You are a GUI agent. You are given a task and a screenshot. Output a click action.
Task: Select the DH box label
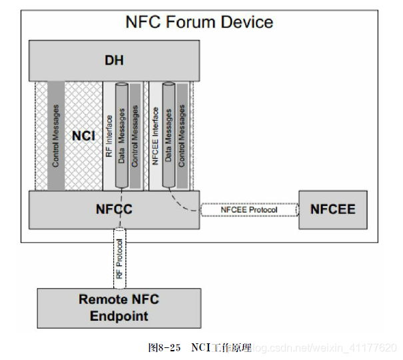point(114,61)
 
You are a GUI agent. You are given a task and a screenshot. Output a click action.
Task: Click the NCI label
point(84,136)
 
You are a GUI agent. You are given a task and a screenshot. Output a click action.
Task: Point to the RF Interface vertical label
point(109,136)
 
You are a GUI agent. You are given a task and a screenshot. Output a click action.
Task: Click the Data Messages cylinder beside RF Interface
point(121,136)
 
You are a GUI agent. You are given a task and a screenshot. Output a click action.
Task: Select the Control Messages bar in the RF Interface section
point(135,136)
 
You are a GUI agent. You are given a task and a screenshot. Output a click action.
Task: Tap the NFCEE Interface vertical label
point(155,136)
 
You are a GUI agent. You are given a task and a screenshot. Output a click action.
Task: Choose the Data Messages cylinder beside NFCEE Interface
point(169,136)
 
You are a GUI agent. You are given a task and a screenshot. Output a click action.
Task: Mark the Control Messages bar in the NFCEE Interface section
point(181,136)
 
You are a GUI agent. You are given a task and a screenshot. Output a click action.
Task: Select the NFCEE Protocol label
point(249,210)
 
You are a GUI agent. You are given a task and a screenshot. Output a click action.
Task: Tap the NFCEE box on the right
point(332,209)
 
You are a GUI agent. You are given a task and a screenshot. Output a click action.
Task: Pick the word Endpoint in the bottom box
point(119,315)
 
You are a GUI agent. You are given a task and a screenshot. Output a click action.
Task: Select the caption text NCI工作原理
point(222,347)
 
